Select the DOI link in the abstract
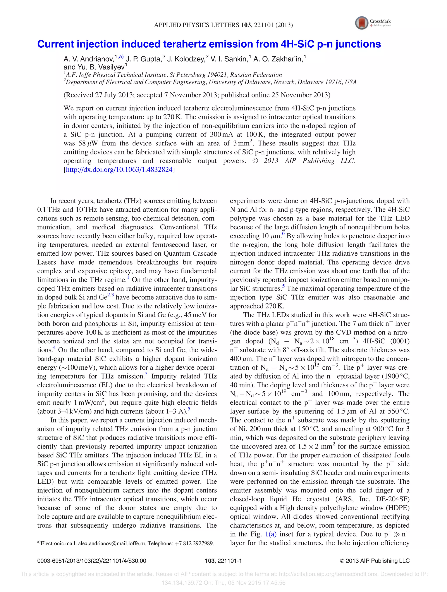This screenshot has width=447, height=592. click(119, 170)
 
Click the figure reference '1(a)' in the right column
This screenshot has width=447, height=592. click(271, 534)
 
